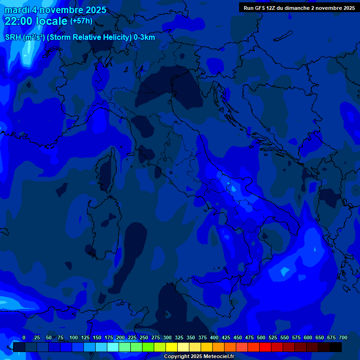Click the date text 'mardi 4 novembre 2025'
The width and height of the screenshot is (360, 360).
55,10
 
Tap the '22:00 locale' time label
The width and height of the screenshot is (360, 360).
36,21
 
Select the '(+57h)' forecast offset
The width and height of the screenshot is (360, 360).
81,21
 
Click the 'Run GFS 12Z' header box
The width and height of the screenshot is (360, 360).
299,7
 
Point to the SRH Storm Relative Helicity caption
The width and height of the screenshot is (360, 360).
80,37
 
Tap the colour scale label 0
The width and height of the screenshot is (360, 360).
24,337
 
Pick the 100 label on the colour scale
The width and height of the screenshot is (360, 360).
73,337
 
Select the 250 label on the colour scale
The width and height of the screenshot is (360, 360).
143,337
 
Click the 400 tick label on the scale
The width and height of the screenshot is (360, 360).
214,337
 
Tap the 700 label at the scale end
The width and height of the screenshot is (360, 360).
343,337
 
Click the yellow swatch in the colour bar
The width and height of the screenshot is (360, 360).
172,347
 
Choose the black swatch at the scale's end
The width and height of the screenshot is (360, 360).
336,347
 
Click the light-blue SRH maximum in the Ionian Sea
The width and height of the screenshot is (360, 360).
285,270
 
